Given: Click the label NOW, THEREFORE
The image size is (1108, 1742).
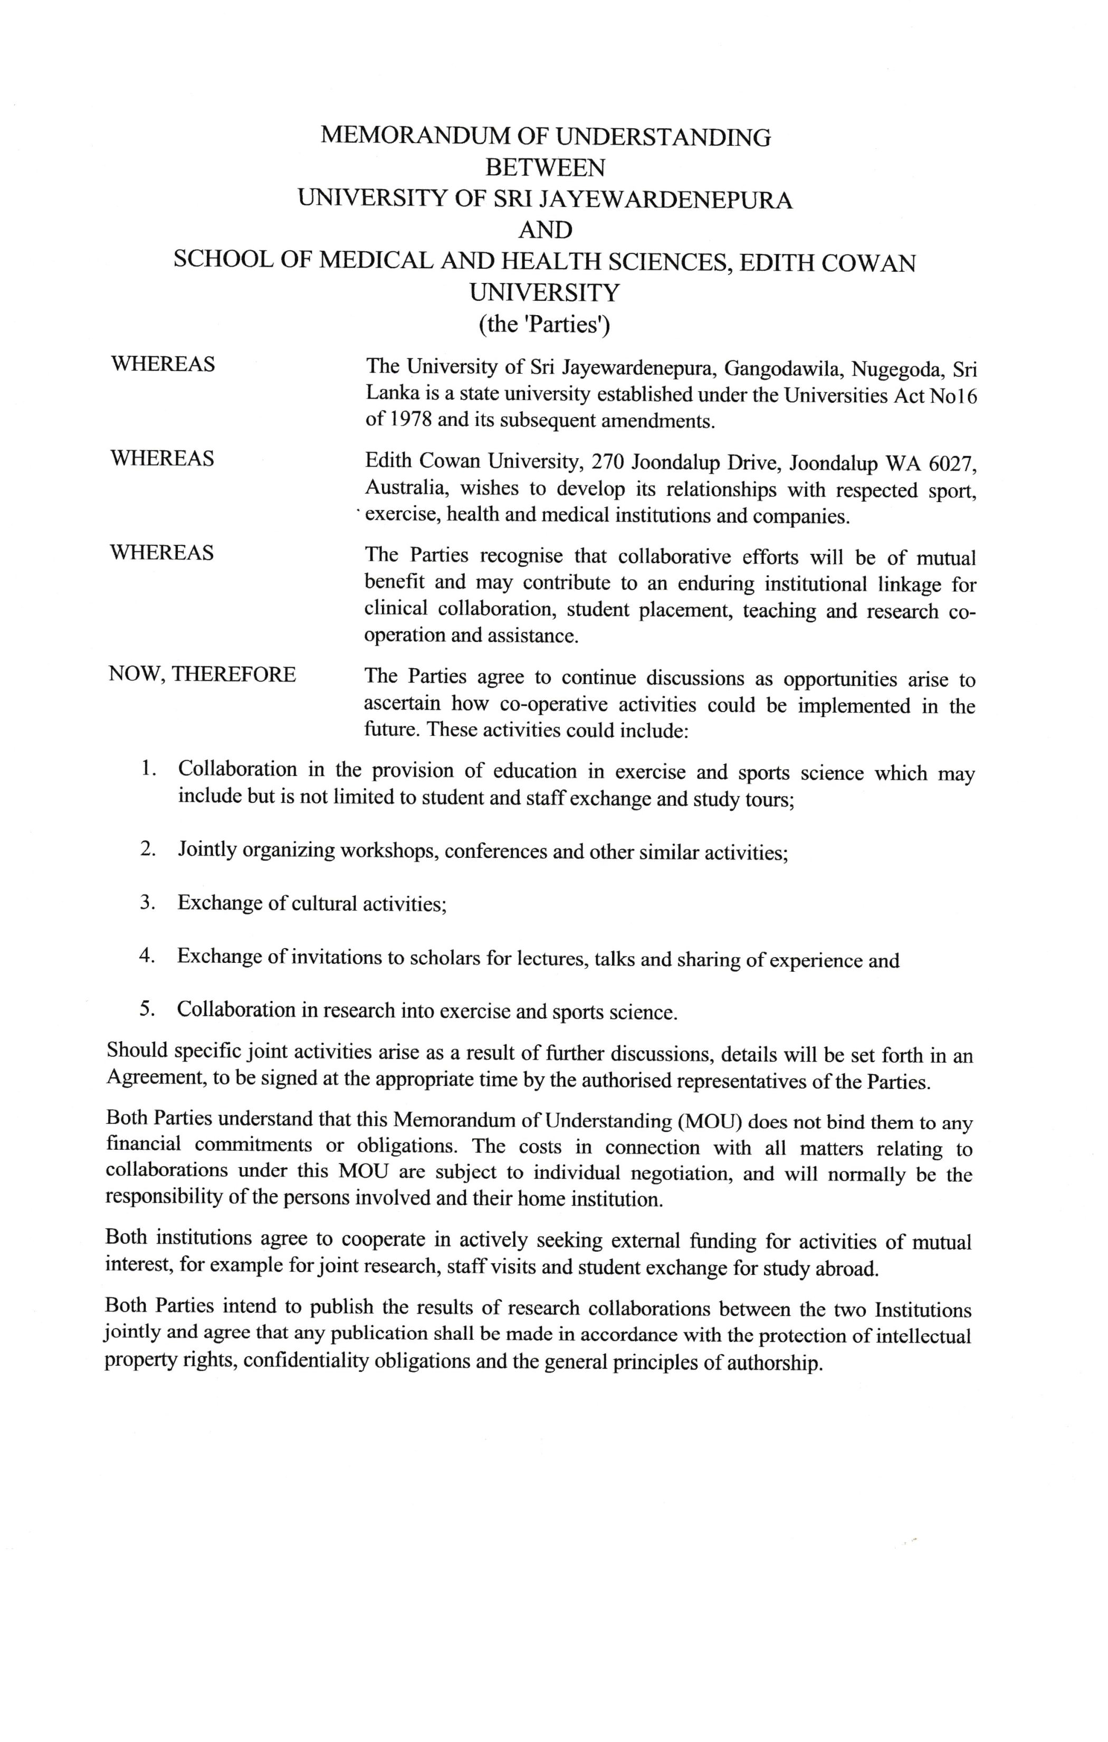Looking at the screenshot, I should (203, 674).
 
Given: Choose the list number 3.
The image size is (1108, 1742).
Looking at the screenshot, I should (147, 902).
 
